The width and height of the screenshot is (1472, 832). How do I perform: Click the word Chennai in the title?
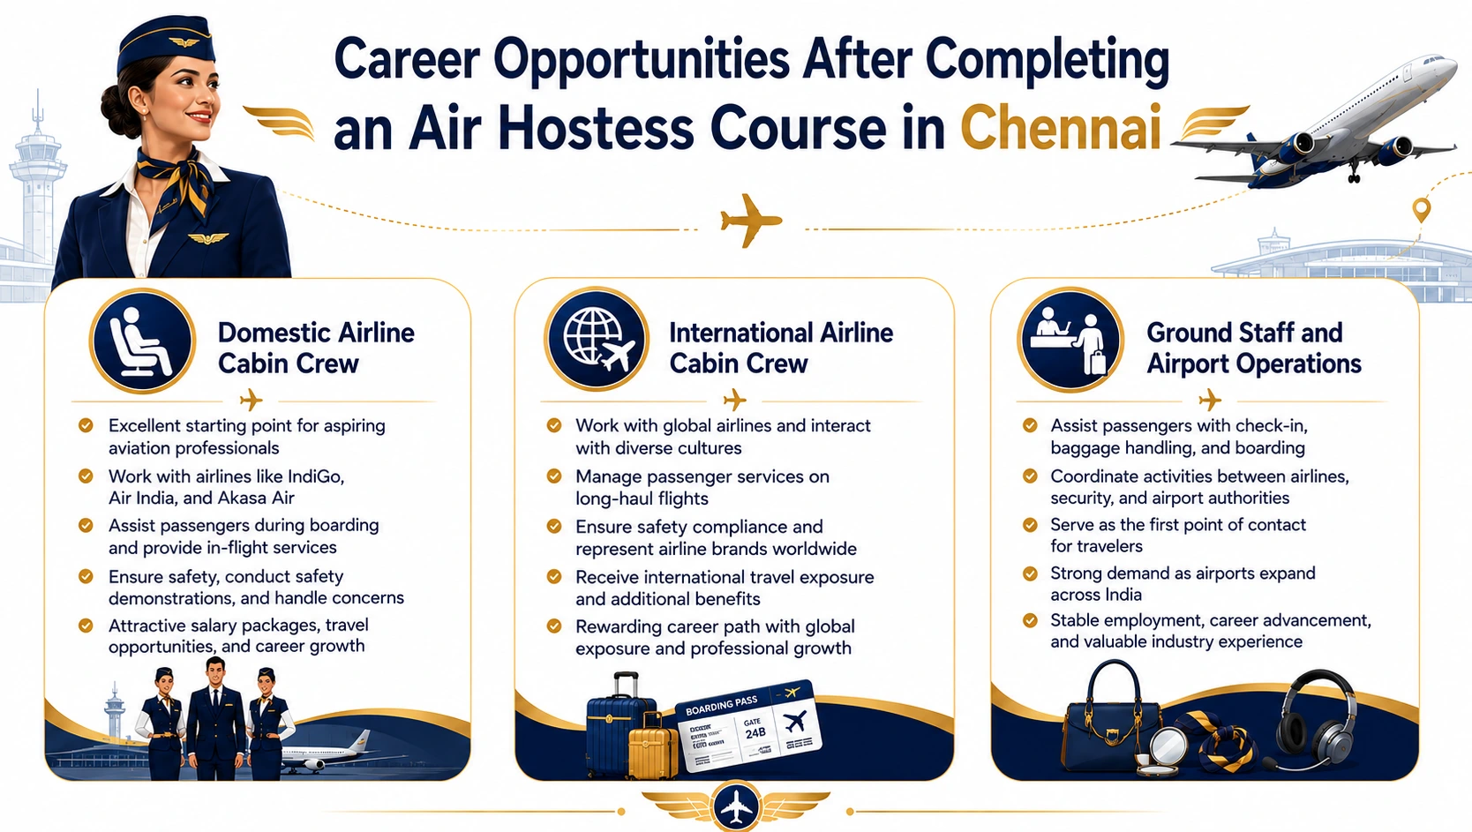click(x=1060, y=128)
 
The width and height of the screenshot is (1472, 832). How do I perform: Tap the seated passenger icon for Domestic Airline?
click(x=143, y=341)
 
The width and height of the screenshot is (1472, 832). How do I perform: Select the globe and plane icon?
click(x=597, y=340)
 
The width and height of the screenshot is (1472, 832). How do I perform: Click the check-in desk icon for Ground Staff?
click(x=1070, y=341)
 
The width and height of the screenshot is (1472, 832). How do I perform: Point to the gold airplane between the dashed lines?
click(x=750, y=221)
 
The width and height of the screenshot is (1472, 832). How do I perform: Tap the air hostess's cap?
click(x=166, y=44)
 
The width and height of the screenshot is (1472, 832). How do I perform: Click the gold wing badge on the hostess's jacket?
click(x=207, y=238)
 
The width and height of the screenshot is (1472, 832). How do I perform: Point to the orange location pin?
click(x=1422, y=210)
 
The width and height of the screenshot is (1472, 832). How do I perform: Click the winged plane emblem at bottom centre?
click(x=736, y=806)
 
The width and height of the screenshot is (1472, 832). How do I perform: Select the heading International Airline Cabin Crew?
click(x=781, y=348)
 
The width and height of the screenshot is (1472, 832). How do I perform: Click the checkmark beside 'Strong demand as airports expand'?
click(x=1030, y=573)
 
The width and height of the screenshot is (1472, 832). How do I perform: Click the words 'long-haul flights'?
click(x=642, y=498)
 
